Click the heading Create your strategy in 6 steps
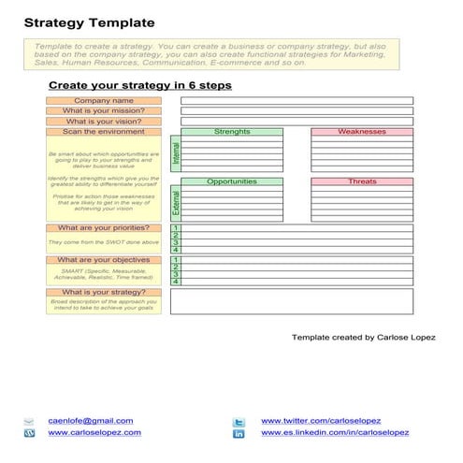click(139, 85)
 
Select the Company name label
click(104, 100)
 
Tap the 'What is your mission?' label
click(104, 110)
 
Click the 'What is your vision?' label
click(104, 122)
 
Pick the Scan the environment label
click(104, 132)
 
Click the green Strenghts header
click(232, 132)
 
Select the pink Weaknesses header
click(361, 132)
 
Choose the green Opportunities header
click(232, 181)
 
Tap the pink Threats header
click(361, 181)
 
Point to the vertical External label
click(175, 204)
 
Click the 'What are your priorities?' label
click(104, 228)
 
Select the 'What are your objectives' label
click(104, 260)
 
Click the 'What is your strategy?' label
click(104, 293)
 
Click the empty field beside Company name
click(296, 100)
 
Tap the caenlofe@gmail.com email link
click(91, 421)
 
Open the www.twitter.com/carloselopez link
click(321, 421)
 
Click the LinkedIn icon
click(239, 434)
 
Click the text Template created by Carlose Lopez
click(363, 337)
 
